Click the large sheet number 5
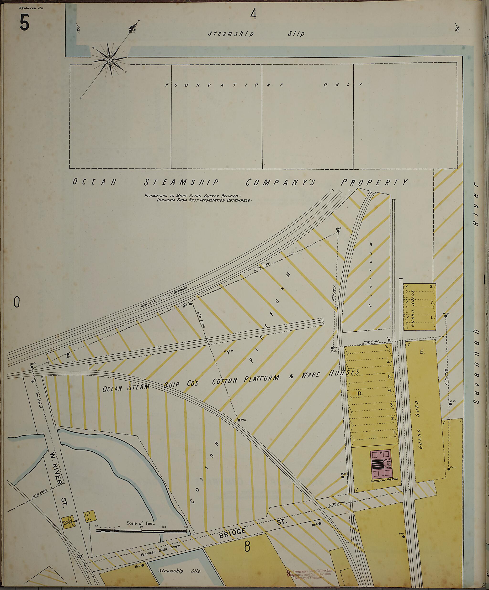pos(24,23)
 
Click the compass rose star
pos(109,60)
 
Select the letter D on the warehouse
pos(360,394)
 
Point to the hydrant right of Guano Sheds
pos(446,316)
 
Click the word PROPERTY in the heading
pos(374,183)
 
